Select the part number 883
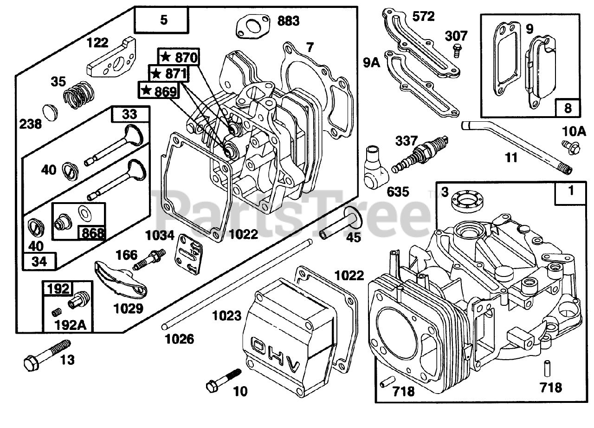289,21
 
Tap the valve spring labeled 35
79,95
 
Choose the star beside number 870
166,57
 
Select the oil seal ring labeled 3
467,200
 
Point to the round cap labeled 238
50,112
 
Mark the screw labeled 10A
572,148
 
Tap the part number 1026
179,339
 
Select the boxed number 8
568,108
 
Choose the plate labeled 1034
188,254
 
